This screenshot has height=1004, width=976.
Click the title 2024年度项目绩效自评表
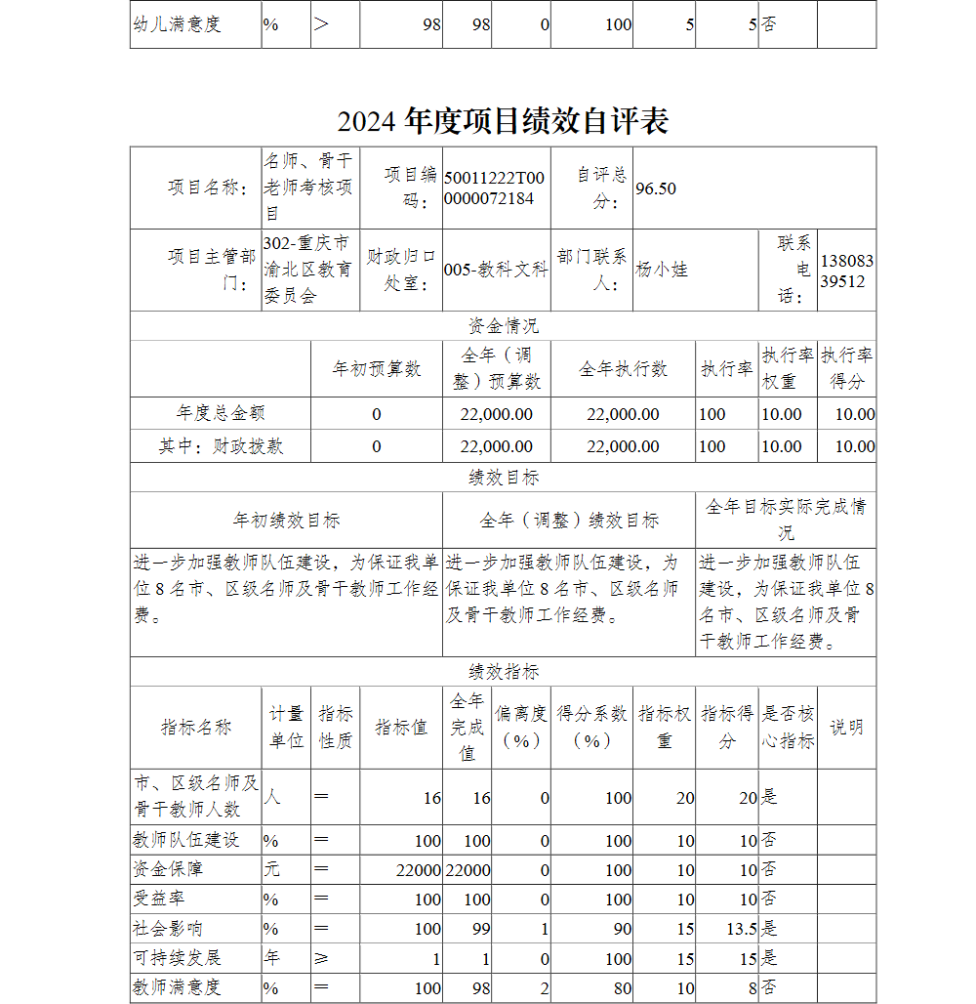(503, 121)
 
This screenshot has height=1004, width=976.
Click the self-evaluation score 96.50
(656, 188)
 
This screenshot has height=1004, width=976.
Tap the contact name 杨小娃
(662, 270)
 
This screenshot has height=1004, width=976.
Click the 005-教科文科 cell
(496, 270)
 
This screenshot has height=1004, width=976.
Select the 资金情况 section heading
(503, 325)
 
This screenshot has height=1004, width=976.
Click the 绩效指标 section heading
(503, 672)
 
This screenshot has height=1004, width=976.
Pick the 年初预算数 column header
(377, 368)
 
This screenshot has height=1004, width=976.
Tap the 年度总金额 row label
(221, 413)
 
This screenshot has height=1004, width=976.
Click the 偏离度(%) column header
(521, 727)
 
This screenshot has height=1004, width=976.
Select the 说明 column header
(846, 727)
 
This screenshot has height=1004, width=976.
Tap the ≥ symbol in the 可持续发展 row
(322, 958)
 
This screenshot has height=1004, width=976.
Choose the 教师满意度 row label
(177, 987)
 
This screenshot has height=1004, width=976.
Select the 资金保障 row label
(168, 869)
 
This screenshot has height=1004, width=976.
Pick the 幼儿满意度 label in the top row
(177, 24)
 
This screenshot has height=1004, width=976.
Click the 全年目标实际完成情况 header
(786, 520)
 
